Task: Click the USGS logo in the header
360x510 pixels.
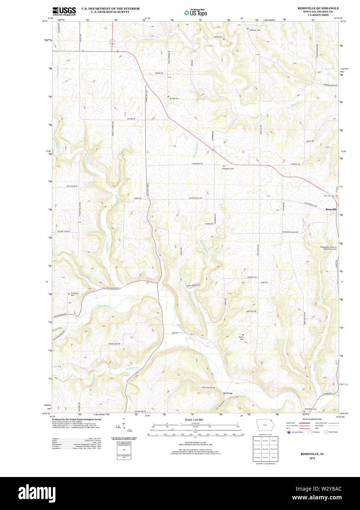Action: point(64,11)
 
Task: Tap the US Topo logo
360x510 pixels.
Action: point(196,13)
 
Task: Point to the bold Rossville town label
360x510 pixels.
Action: point(331,209)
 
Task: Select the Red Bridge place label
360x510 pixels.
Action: point(228,393)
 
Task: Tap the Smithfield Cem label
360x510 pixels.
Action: point(310,409)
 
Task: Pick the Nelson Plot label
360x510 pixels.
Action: point(218,37)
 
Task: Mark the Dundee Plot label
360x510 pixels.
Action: point(174,98)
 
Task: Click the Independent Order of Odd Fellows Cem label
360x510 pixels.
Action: point(328,248)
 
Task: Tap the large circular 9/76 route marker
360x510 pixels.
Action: point(112,42)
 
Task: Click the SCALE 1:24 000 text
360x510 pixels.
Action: point(193,420)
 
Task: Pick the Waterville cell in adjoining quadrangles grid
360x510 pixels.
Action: point(274,449)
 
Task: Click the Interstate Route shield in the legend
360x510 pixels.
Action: point(289,432)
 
